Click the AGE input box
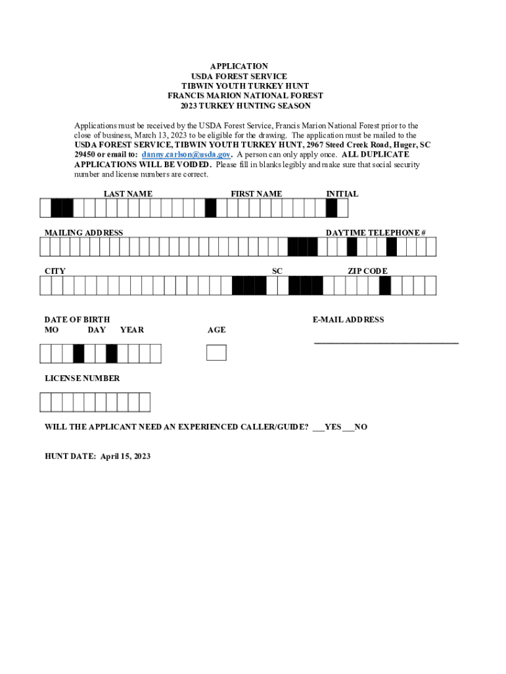(216, 353)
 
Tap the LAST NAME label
(127, 194)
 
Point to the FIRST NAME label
(256, 194)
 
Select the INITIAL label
(342, 194)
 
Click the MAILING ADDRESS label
(83, 233)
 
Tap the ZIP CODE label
(367, 271)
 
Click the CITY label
(55, 271)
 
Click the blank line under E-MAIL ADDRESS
(386, 342)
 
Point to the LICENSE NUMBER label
(82, 378)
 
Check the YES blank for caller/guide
(318, 427)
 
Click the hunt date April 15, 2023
(125, 456)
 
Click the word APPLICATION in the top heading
(239, 66)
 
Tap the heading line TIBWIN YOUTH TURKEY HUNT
(245, 86)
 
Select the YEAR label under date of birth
(132, 330)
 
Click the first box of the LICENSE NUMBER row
(45, 402)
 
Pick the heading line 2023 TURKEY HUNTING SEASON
(245, 106)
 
